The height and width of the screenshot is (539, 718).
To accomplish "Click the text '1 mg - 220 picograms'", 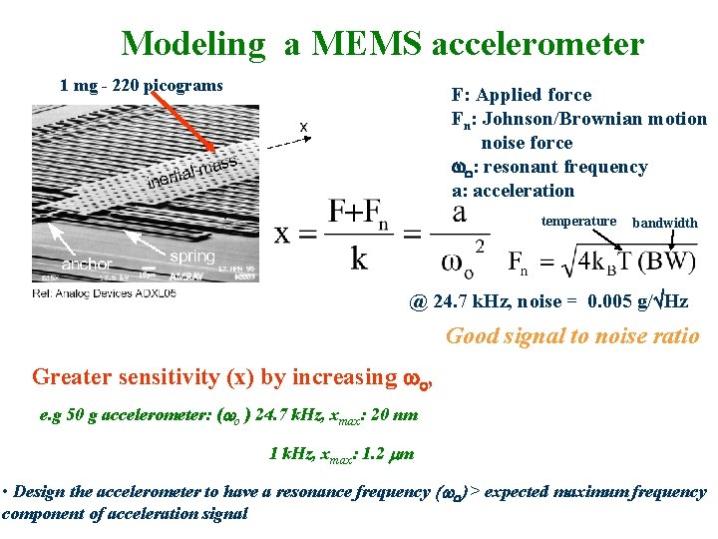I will coord(142,85).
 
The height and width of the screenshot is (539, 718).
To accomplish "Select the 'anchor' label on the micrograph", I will coord(87,265).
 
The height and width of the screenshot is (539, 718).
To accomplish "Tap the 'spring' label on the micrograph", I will coord(191,257).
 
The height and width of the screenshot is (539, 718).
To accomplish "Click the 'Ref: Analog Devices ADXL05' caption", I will coord(104,293).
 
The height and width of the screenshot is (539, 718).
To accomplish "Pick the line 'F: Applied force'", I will coord(522,95).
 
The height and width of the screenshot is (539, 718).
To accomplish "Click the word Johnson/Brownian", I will coord(576,119).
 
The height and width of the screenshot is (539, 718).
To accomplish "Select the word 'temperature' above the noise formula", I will coord(578,221).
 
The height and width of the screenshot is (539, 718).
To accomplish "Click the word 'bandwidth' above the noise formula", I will coord(665,223).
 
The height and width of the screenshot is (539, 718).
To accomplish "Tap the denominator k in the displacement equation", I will coord(358,259).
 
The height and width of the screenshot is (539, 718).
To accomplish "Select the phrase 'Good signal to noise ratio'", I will coord(572,336).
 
